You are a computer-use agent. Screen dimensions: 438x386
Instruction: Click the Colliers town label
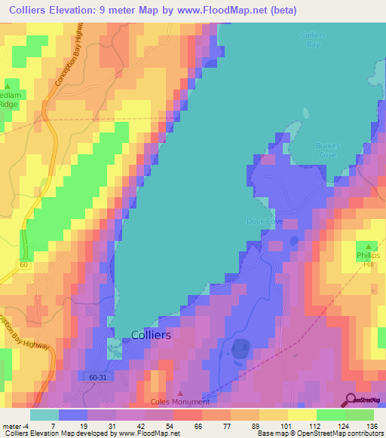click(151, 335)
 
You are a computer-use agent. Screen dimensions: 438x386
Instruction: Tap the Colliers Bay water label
click(312, 40)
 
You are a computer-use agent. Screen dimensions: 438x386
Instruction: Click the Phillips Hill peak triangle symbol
click(369, 246)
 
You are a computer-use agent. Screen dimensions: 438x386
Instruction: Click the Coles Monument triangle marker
click(179, 392)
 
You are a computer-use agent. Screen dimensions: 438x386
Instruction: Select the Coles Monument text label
click(179, 402)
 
